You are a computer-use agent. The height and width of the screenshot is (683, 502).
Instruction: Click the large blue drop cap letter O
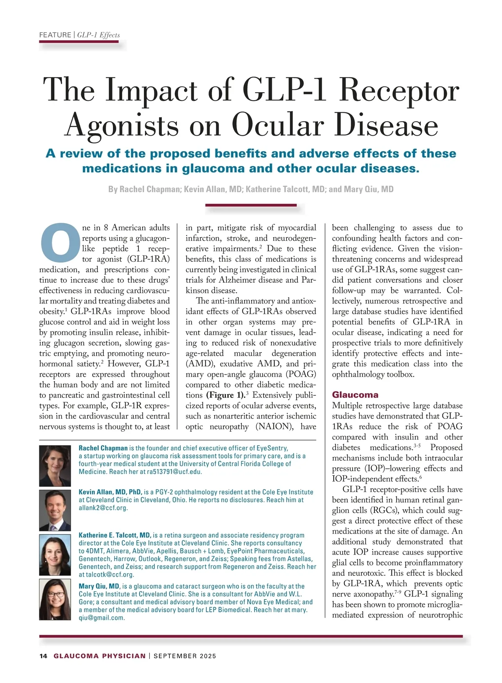[60, 240]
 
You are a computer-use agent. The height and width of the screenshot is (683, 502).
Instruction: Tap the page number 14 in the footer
[43, 656]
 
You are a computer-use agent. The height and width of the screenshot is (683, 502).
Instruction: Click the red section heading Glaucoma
[355, 394]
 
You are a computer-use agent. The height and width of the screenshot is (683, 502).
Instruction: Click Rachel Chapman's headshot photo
[55, 466]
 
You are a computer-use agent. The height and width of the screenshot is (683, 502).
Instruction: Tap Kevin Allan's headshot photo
[55, 510]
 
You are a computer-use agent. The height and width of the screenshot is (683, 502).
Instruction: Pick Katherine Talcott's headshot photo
[55, 554]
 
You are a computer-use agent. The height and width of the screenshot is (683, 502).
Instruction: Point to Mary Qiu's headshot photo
[55, 599]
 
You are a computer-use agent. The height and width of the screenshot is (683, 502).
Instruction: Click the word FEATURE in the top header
[55, 35]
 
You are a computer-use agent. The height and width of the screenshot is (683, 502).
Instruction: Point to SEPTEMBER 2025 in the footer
[185, 656]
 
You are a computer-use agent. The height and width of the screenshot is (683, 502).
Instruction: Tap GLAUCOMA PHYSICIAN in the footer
[100, 656]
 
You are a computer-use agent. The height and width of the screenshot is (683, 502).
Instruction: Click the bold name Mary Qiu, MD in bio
[99, 586]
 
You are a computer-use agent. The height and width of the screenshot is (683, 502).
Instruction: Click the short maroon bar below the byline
[251, 205]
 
